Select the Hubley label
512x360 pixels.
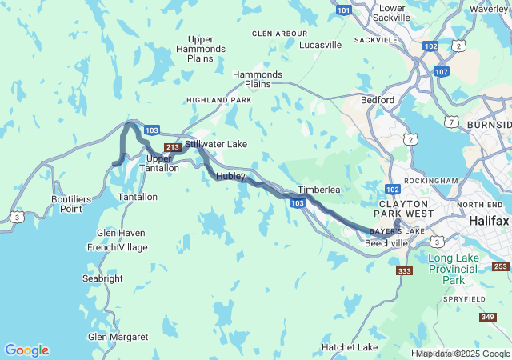coord(230,176)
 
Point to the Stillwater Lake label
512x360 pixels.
coord(216,144)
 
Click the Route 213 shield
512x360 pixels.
coord(172,147)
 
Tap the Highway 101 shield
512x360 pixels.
coord(343,10)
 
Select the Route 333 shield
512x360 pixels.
coord(405,271)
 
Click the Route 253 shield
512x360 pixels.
coord(501,266)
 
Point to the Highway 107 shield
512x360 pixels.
coord(441,71)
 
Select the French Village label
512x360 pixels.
coord(117,248)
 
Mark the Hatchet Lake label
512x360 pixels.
coord(350,347)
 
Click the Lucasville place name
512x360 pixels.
coord(320,45)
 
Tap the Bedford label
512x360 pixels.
coord(377,100)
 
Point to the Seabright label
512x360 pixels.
coord(102,278)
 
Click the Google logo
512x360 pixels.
coord(26,350)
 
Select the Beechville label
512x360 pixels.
coord(387,242)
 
